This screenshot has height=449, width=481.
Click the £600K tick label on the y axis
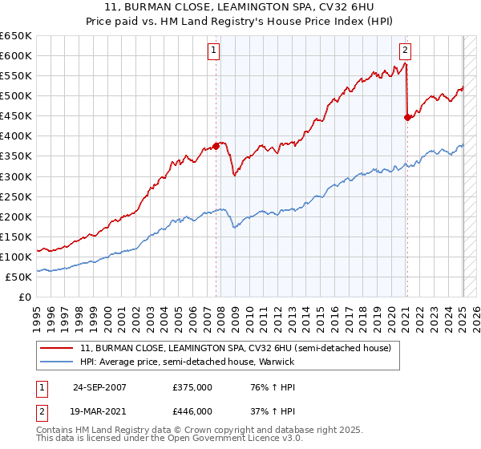point(16,55)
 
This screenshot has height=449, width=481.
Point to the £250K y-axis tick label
point(16,196)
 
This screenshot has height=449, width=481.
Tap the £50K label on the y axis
point(18,277)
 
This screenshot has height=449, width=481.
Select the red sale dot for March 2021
point(407,117)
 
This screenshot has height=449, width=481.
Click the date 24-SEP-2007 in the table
point(99,387)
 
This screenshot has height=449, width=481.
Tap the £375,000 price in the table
point(192,387)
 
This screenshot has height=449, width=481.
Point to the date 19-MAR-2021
point(99,411)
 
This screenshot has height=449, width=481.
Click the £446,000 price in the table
point(192,411)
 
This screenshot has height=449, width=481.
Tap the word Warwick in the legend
point(277,362)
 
